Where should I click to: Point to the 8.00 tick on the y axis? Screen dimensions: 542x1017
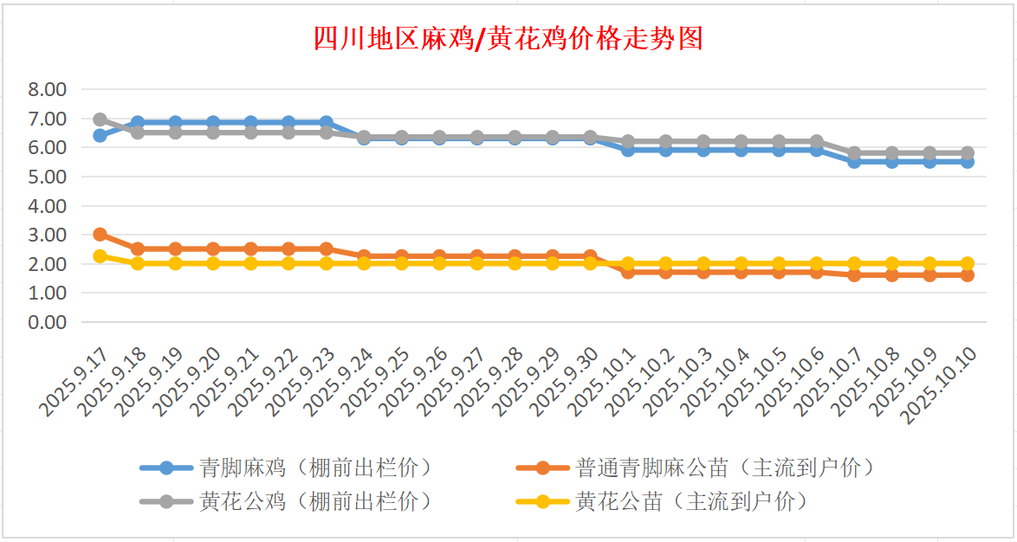point(47,89)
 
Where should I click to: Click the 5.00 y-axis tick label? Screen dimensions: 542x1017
point(47,177)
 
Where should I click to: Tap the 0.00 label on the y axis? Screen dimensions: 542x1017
point(47,322)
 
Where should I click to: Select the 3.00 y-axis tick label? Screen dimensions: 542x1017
point(47,235)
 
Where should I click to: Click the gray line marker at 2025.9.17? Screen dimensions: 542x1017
point(100,119)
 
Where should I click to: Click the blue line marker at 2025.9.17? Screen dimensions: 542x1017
point(100,135)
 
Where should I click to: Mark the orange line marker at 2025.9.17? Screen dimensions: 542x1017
point(100,235)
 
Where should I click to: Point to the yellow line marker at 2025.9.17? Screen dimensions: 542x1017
point(100,256)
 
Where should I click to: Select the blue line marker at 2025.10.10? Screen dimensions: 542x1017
point(967,162)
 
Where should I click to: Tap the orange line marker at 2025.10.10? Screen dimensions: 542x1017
point(967,275)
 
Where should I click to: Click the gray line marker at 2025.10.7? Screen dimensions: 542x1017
point(854,153)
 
